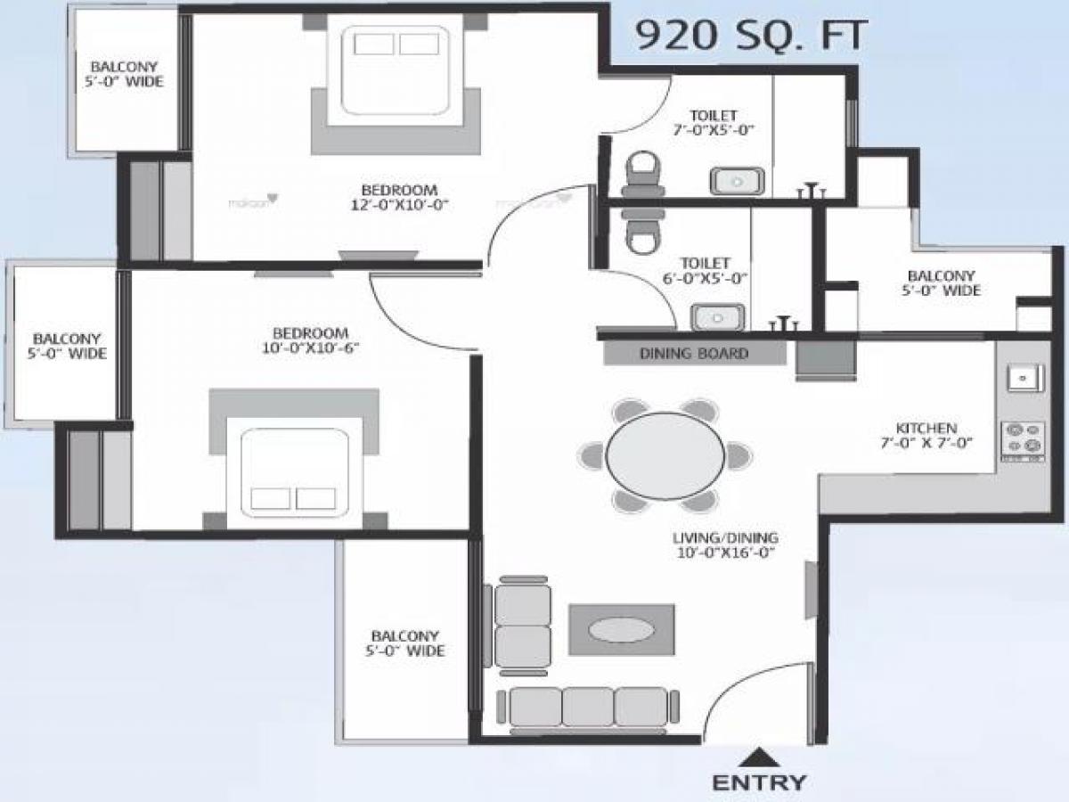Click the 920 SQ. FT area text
coord(749,36)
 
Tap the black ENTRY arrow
coord(759,757)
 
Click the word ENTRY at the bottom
coord(759,783)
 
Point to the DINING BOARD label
coord(694,354)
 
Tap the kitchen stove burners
coord(1023,438)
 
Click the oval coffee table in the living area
coord(622,629)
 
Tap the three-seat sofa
coord(588,708)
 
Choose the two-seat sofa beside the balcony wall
coord(522,624)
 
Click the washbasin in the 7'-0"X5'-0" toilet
coord(736,181)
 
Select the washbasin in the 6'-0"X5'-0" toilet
coord(716,316)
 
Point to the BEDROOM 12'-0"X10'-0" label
coord(399,197)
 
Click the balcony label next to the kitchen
coord(942,283)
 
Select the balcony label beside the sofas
coord(404,643)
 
